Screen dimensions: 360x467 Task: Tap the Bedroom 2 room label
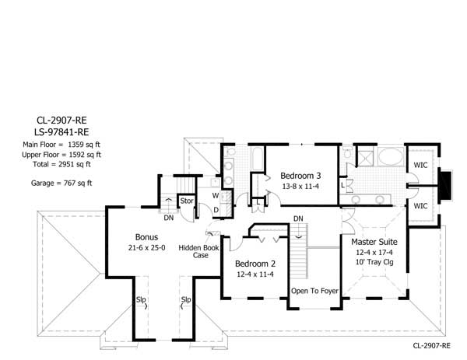pos(255,263)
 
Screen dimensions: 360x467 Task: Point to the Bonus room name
pos(146,236)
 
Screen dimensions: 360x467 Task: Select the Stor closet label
pos(187,201)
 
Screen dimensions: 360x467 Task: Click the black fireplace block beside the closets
pos(447,186)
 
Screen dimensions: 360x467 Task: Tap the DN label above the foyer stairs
pos(298,218)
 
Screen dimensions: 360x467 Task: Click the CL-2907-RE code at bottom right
pos(434,343)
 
